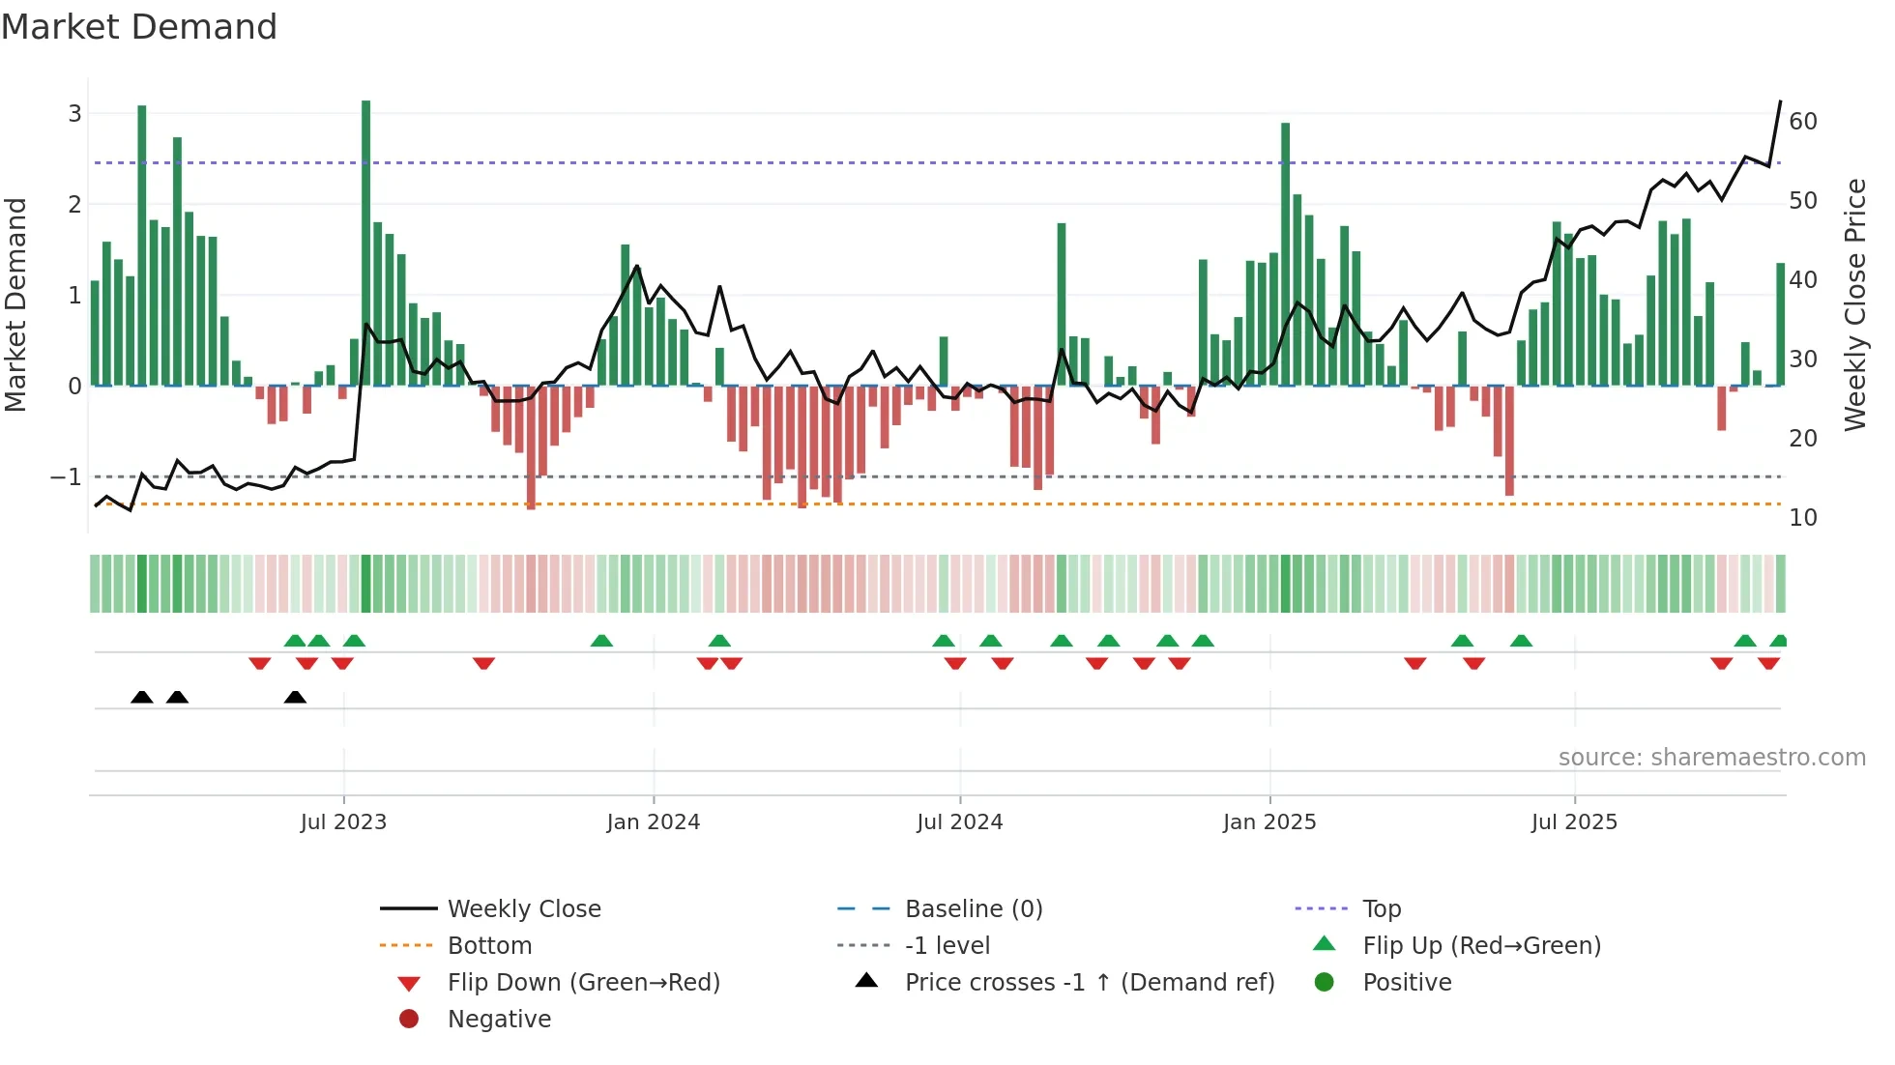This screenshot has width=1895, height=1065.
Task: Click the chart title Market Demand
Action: pyautogui.click(x=139, y=27)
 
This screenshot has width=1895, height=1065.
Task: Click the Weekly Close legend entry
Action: pyautogui.click(x=523, y=909)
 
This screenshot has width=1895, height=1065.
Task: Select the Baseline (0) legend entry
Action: pyautogui.click(x=973, y=909)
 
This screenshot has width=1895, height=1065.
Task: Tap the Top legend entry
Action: pyautogui.click(x=1381, y=909)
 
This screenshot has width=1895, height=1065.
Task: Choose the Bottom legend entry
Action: pyautogui.click(x=489, y=946)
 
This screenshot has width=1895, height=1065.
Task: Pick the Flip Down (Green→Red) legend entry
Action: pyautogui.click(x=583, y=983)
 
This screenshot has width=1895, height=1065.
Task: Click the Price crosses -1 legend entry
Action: pyautogui.click(x=1089, y=983)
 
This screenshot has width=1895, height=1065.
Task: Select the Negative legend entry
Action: pyautogui.click(x=499, y=1020)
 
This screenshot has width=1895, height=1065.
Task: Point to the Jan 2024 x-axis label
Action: pyautogui.click(x=653, y=822)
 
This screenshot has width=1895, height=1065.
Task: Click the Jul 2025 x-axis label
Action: pyautogui.click(x=1573, y=822)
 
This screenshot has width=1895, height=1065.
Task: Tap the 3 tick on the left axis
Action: pyautogui.click(x=74, y=114)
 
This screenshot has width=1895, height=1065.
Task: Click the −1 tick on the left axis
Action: pyautogui.click(x=66, y=477)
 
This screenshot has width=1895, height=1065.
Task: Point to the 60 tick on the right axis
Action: pyautogui.click(x=1802, y=122)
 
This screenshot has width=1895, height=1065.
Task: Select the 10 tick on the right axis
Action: pyautogui.click(x=1802, y=518)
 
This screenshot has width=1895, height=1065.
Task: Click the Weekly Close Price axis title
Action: pyautogui.click(x=1854, y=304)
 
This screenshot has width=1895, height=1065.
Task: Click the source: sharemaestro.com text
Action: pyautogui.click(x=1711, y=758)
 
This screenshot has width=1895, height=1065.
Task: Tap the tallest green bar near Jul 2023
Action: pyautogui.click(x=366, y=242)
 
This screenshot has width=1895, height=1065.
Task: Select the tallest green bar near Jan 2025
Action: pyautogui.click(x=1285, y=253)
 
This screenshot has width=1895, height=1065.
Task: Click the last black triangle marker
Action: pyautogui.click(x=295, y=698)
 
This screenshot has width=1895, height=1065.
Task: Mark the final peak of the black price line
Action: pyautogui.click(x=1780, y=101)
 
